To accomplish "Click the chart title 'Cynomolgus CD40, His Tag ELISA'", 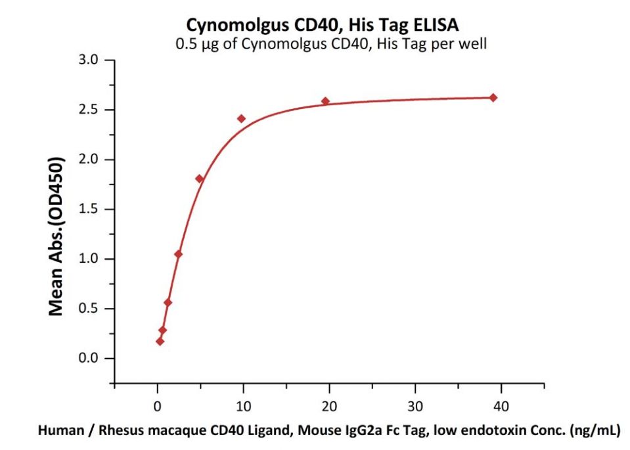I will click(x=323, y=24).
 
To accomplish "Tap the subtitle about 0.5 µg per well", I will click(x=323, y=44).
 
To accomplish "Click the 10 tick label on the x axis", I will click(x=243, y=405).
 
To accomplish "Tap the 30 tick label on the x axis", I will click(x=415, y=405).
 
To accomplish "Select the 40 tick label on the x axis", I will click(x=501, y=405).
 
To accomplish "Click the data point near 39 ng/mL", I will click(x=493, y=98).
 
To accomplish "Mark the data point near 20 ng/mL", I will click(x=325, y=101).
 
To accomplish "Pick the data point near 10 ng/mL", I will click(x=241, y=119).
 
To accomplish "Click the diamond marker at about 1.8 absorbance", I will click(x=199, y=179).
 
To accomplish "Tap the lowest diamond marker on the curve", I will click(x=160, y=342).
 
